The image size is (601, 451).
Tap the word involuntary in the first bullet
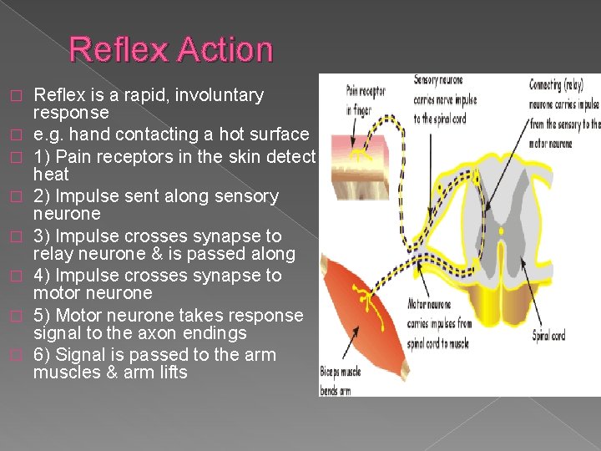click(218, 95)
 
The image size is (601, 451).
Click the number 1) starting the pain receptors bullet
click(42, 156)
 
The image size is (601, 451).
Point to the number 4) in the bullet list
click(42, 276)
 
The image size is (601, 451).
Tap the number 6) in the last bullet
click(42, 355)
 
